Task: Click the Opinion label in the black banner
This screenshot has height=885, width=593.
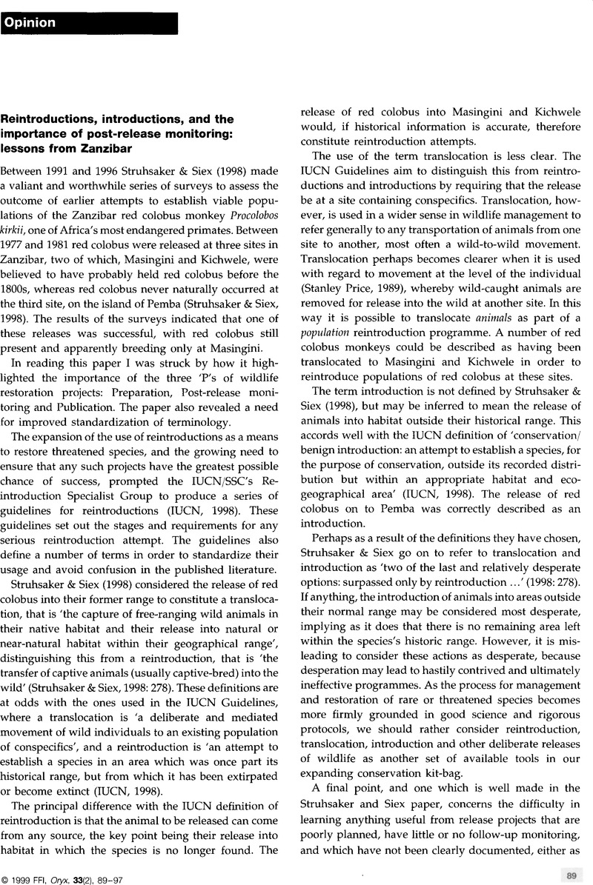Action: point(30,22)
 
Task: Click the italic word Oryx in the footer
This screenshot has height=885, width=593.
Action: point(77,872)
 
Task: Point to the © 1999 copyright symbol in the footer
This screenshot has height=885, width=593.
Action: point(7,872)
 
